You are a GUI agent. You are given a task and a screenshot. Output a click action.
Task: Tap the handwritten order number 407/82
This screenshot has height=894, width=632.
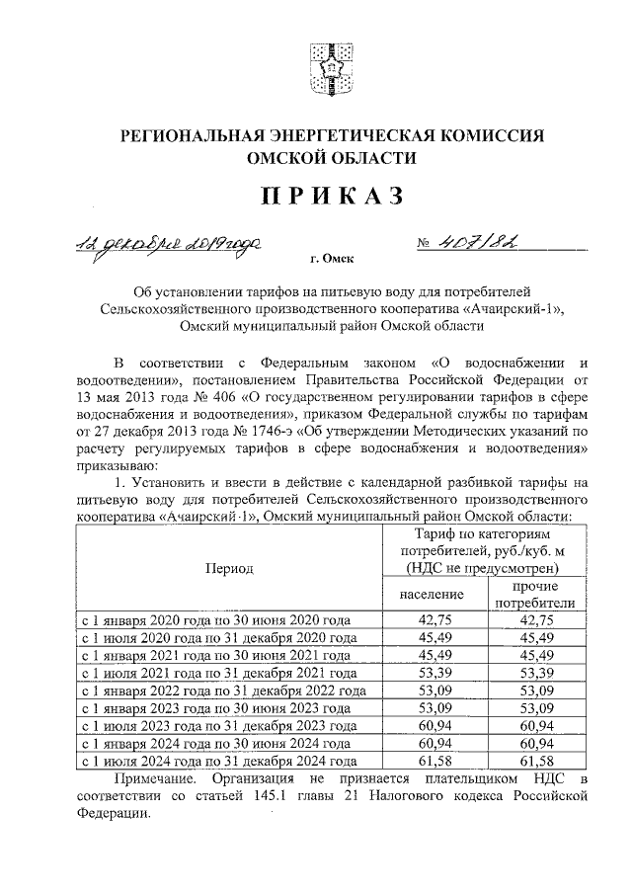(473, 243)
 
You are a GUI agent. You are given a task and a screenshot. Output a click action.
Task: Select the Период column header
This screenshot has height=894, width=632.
(229, 568)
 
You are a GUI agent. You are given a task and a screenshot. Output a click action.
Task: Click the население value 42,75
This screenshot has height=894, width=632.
(433, 619)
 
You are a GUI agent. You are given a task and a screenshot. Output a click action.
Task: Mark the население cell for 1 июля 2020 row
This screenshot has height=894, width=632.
(433, 637)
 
